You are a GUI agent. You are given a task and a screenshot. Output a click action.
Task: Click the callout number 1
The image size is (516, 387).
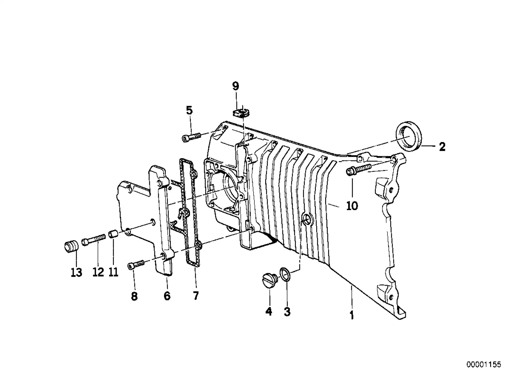(x=352, y=315)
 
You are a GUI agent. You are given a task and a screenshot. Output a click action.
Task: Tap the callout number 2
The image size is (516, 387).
(x=442, y=146)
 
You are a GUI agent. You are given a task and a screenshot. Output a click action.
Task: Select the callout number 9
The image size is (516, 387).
(x=235, y=86)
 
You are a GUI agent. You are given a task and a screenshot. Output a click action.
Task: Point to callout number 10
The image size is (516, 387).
(x=352, y=206)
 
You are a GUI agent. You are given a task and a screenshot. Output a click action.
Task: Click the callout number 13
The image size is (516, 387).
(x=76, y=273)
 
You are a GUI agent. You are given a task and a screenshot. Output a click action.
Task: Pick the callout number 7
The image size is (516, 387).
(x=196, y=296)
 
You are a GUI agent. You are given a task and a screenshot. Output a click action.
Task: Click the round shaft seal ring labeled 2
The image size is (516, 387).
(x=409, y=136)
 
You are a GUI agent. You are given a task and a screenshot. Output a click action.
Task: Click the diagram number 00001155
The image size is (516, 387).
(x=484, y=365)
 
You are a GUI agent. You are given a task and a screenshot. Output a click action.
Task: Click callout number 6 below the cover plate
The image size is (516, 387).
(x=167, y=296)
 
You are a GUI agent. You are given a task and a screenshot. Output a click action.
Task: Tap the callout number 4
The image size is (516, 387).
(x=268, y=312)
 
